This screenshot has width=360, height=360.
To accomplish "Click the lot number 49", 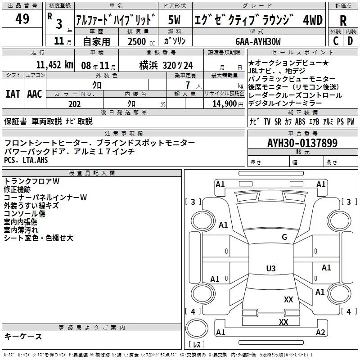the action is (x=22, y=19).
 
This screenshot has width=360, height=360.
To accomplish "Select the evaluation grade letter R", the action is (x=343, y=20).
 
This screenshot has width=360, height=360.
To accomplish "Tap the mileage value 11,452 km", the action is (x=55, y=64).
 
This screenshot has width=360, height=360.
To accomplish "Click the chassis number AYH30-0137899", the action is (x=302, y=143).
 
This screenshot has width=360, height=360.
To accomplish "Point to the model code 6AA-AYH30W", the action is (x=258, y=41).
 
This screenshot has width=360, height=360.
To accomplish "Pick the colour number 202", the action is (x=74, y=104).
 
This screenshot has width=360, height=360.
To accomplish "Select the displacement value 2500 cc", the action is (x=141, y=41).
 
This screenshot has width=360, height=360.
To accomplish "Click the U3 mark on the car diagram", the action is (x=270, y=269).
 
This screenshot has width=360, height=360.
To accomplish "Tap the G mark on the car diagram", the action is (x=284, y=237).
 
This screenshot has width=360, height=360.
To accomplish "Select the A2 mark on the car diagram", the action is (x=320, y=333).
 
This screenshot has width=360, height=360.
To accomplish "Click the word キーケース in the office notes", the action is (x=23, y=336).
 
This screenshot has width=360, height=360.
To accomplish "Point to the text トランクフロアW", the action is (x=32, y=181).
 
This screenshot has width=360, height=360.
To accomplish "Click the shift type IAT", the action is (x=13, y=94).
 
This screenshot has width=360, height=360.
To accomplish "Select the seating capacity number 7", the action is (x=187, y=85).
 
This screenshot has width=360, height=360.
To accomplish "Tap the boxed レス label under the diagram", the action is (x=196, y=345).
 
